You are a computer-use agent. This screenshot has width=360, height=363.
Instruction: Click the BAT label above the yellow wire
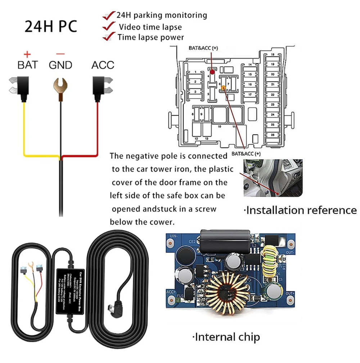pos(27,65)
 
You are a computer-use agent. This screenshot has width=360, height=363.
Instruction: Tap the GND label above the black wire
pos(60,65)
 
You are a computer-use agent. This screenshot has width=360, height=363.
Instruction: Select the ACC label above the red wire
pos(103,65)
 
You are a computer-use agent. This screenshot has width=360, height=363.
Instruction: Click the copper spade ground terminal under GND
pos(60,85)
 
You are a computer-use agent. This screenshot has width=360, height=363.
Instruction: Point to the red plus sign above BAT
pos(27,54)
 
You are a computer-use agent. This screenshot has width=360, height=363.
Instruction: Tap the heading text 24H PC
pos(51,27)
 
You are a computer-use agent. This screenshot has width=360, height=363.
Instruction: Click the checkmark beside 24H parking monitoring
pos(109,16)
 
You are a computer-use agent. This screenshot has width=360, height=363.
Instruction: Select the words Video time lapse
pos(150,27)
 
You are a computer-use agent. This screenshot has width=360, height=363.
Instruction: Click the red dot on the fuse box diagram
pos(212,72)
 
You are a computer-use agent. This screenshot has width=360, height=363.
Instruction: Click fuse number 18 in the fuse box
pos(273,54)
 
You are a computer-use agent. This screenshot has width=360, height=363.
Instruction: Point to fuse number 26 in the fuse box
pos(273,135)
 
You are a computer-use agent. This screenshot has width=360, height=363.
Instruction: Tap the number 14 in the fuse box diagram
pos(249,64)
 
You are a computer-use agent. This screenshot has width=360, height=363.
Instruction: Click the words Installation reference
pos(301,210)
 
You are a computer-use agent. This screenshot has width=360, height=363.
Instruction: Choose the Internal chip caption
pos(226,337)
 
